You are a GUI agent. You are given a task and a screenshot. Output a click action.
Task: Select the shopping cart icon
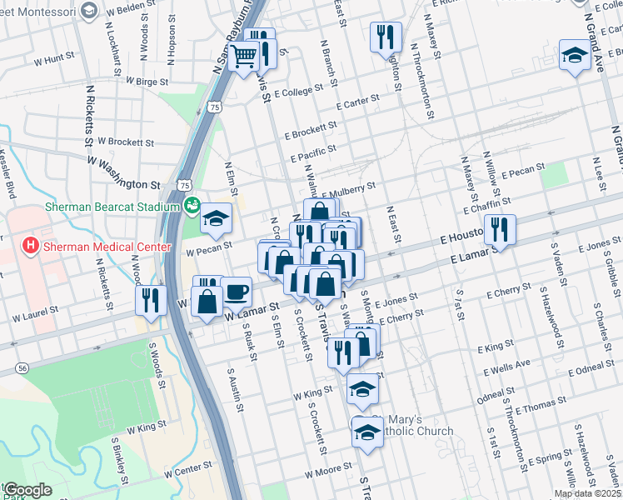point(244,57)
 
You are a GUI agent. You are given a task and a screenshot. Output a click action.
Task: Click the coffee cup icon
point(236,292)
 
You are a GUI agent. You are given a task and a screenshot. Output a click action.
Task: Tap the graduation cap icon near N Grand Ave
point(574,55)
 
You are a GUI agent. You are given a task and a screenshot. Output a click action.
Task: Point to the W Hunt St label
point(54,60)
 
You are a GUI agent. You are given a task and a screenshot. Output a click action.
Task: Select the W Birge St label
point(146,82)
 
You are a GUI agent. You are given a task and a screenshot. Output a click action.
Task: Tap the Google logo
point(27,490)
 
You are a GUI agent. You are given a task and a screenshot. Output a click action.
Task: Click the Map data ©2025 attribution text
point(587,493)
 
